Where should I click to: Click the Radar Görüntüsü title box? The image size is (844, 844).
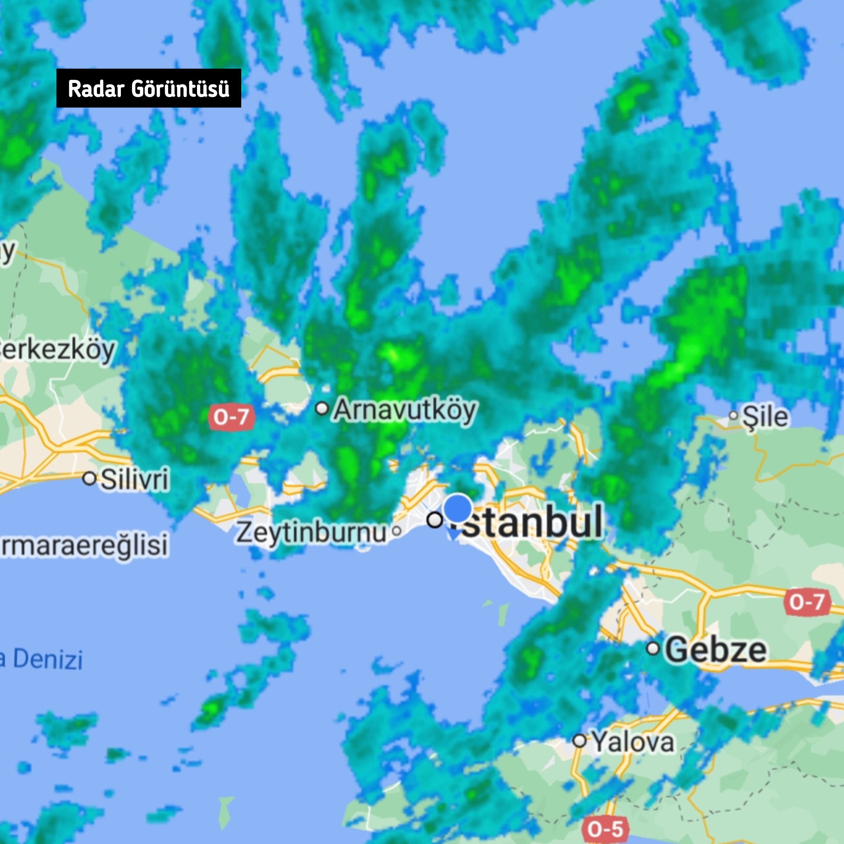point(149,88)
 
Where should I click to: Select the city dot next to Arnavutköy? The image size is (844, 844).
point(322,409)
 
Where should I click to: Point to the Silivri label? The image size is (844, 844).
point(135,479)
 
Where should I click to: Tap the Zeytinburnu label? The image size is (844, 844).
point(312,532)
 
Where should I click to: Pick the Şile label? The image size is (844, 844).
point(766,416)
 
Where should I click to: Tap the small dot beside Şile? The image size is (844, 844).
point(734,415)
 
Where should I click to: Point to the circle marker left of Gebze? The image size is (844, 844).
point(653,648)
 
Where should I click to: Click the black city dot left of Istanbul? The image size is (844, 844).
point(435,520)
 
